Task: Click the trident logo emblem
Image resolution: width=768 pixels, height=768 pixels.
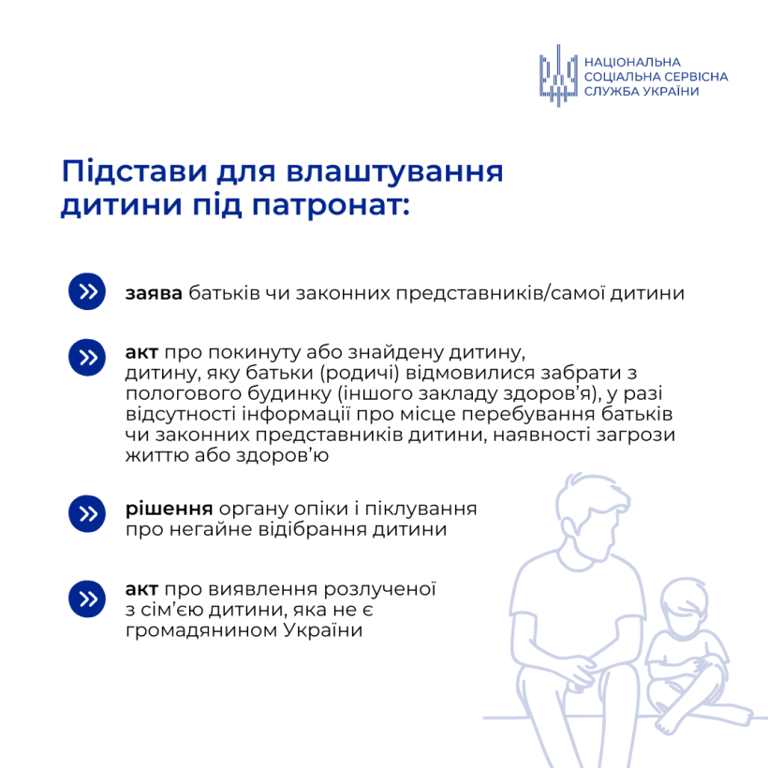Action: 558,76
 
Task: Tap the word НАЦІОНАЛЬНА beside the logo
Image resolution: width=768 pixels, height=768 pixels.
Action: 632,62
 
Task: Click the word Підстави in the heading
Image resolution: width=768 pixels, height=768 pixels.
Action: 134,172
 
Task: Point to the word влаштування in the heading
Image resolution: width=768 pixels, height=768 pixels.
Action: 395,172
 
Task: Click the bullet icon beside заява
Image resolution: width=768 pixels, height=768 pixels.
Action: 87,291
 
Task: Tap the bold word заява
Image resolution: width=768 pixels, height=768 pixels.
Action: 154,293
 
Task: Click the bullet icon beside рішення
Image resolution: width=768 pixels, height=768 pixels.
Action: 87,514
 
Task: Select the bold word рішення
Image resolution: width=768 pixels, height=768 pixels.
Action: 169,510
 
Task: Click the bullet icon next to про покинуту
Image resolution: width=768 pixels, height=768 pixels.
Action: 87,358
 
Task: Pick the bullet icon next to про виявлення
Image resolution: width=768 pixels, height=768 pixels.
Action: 87,598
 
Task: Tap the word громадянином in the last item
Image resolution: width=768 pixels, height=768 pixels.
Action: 200,630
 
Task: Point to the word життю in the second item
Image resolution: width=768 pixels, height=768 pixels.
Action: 157,456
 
